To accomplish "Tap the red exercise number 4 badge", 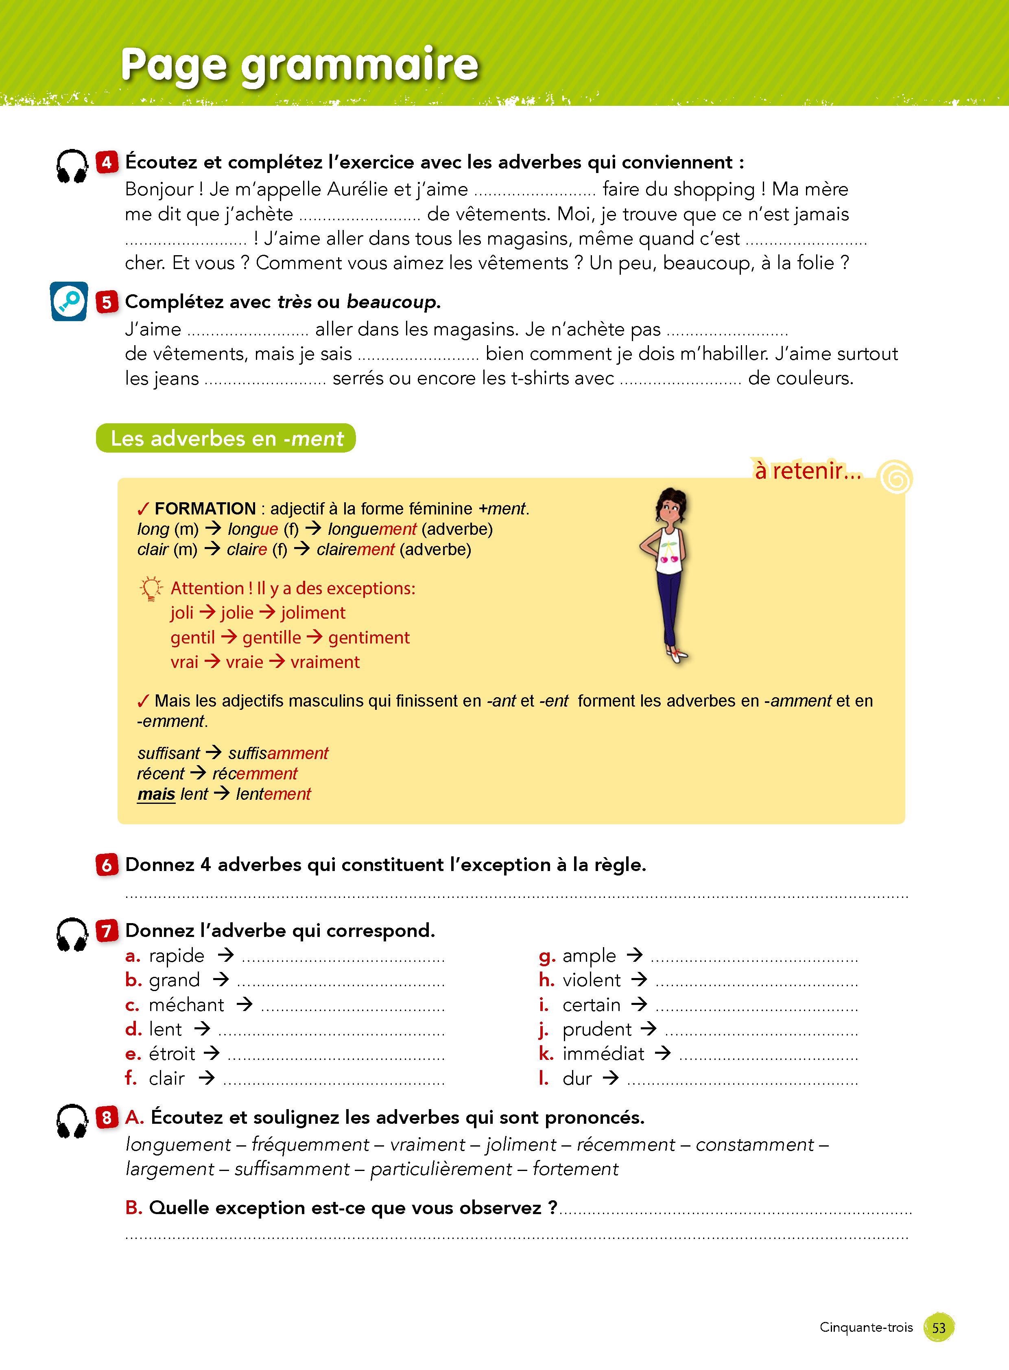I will tap(107, 162).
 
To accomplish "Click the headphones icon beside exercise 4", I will tap(72, 166).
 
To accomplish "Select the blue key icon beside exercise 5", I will tap(68, 301).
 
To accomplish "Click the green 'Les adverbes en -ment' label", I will tap(226, 438).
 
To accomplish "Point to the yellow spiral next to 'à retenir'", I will tap(895, 477).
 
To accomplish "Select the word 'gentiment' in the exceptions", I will tap(369, 637).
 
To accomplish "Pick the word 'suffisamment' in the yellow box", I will tap(279, 753).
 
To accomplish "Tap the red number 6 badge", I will tap(107, 864).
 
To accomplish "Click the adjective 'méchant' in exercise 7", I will tap(186, 1005).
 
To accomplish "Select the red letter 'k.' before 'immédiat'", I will tap(546, 1053).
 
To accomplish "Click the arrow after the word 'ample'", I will tap(635, 954).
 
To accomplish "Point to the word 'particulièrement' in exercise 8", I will tap(441, 1169).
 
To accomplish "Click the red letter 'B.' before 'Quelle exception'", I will tap(134, 1208).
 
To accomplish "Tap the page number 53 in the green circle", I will tap(939, 1327).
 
